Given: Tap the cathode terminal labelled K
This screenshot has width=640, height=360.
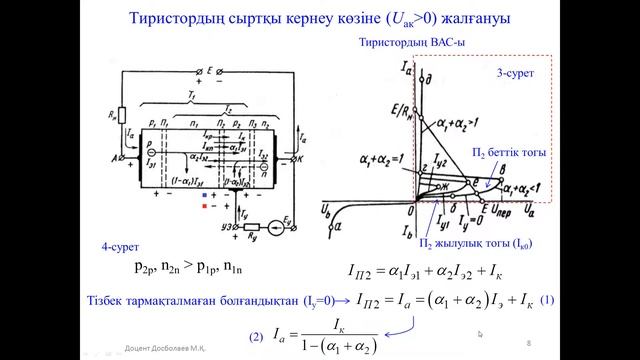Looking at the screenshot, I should [283, 158].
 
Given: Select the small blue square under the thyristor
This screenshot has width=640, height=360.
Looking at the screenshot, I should [204, 195].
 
